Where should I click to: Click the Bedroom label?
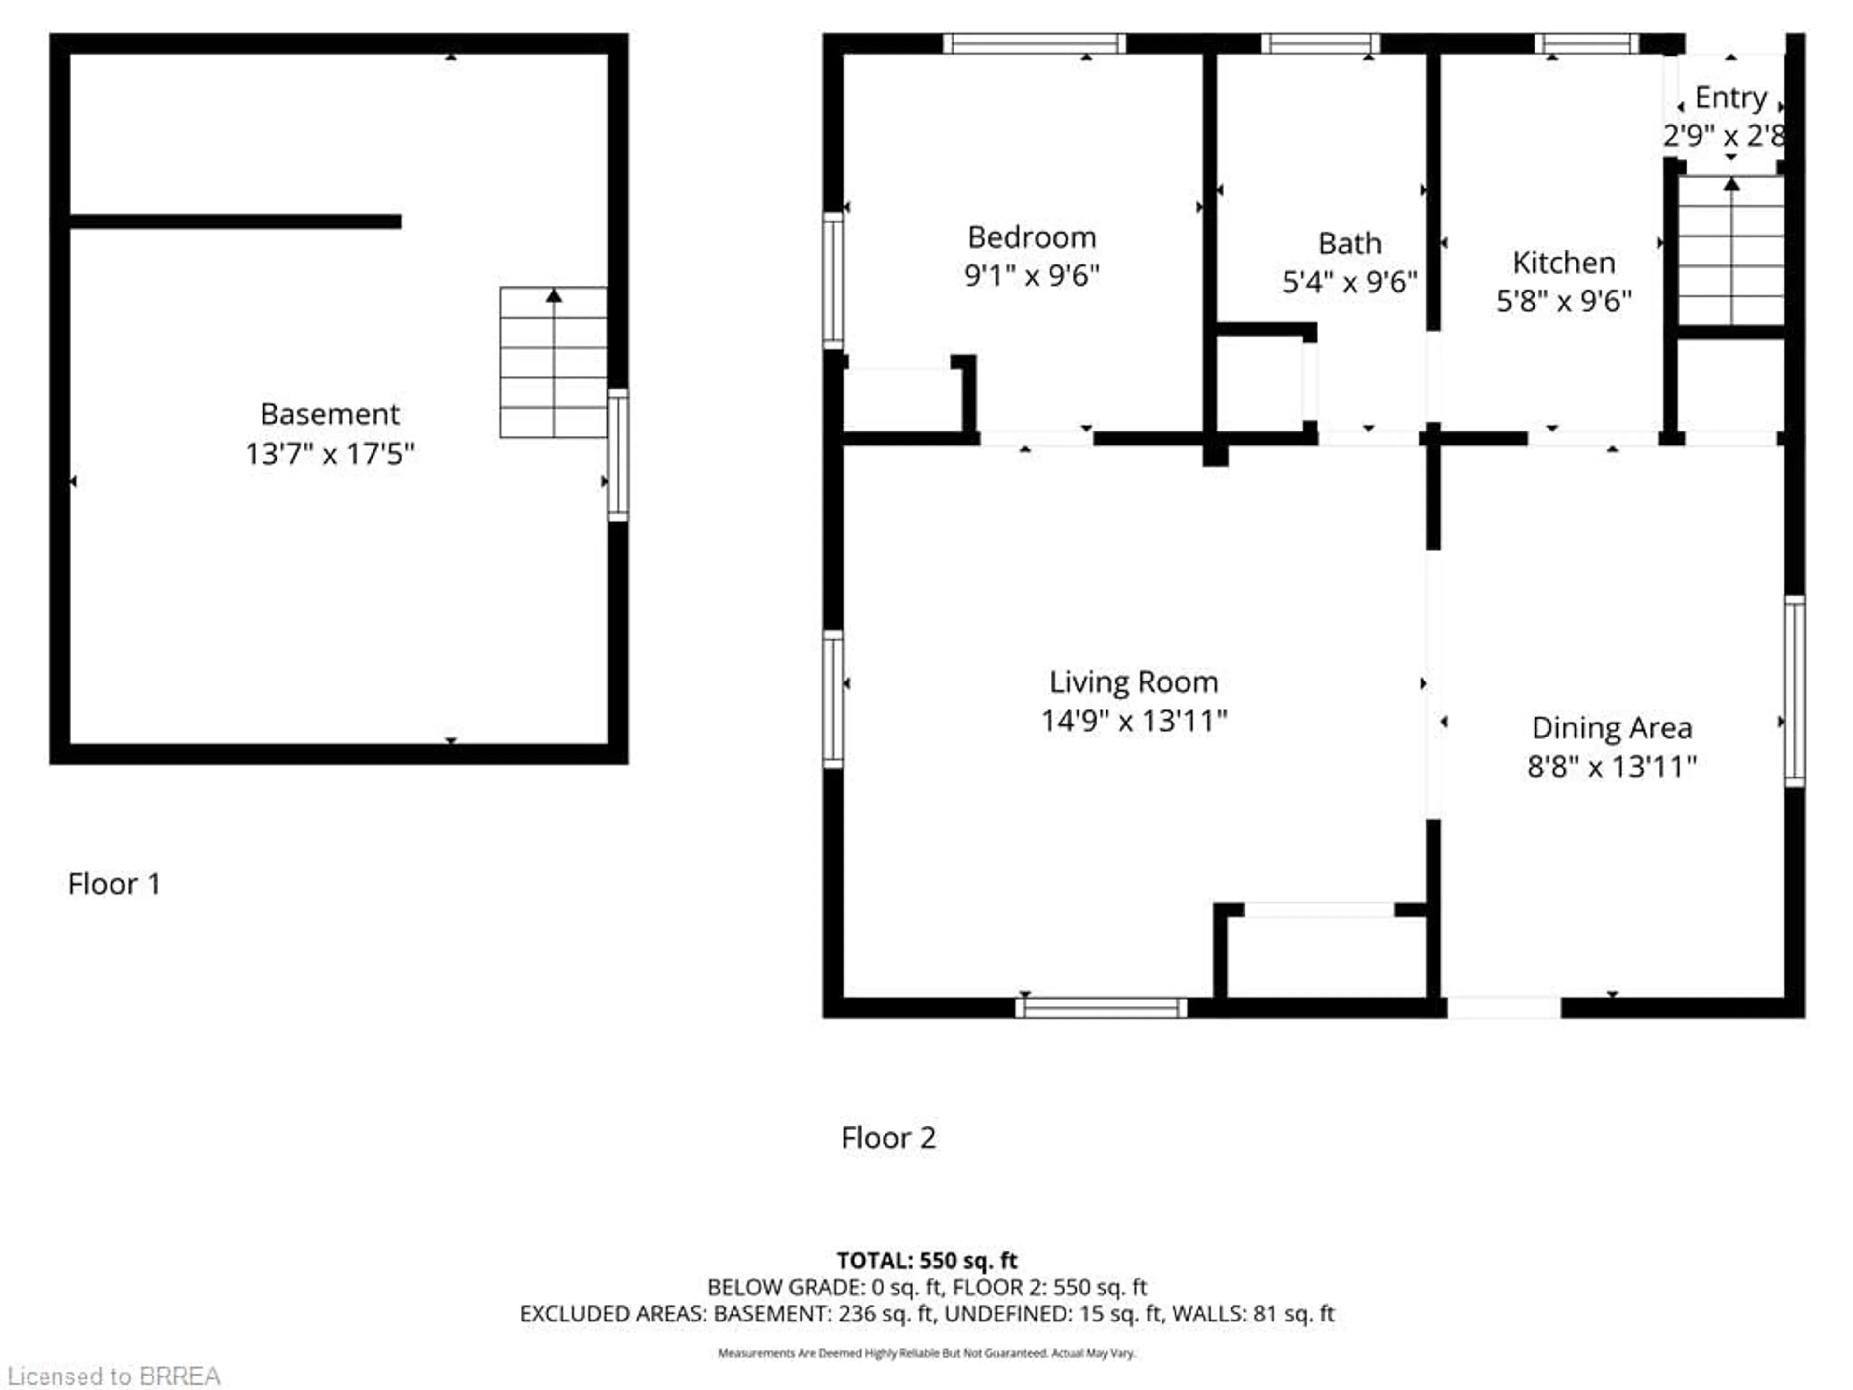click(x=1031, y=237)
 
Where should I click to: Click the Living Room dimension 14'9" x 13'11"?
click(x=1134, y=721)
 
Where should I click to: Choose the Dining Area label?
click(x=1611, y=728)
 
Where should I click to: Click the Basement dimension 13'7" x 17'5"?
click(x=329, y=454)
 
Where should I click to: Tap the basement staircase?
click(x=553, y=362)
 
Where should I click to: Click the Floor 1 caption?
click(x=114, y=884)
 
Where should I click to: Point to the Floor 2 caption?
click(x=888, y=1138)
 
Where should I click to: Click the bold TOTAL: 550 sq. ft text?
click(x=926, y=1260)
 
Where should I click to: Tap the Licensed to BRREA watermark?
click(x=114, y=1376)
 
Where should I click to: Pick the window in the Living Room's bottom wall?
click(x=1101, y=1007)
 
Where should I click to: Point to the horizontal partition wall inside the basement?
click(x=235, y=221)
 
